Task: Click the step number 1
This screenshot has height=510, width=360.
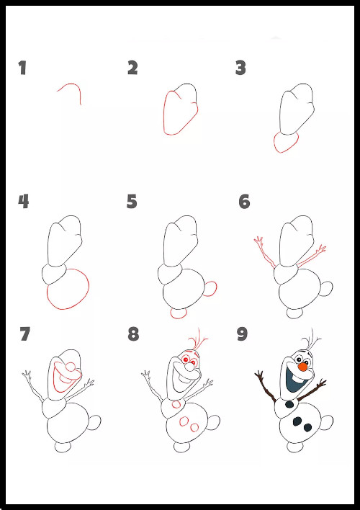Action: pos(22,68)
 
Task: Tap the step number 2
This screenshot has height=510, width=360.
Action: pos(132,68)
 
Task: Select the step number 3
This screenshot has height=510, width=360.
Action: pos(240,68)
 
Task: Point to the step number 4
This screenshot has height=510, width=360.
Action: pos(24,201)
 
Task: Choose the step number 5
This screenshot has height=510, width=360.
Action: pos(132,201)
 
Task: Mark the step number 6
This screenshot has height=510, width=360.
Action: pos(244,202)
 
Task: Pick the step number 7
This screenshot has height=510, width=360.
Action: pos(24,334)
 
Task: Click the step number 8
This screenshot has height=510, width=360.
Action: pos(133,334)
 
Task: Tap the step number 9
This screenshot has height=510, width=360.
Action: pos(242,334)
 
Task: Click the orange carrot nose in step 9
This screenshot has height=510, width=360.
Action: pos(303,367)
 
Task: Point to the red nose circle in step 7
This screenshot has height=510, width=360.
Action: pos(71,367)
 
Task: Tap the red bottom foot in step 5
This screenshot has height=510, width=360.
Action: pos(179,313)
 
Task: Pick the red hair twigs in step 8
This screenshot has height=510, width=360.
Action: pos(198,339)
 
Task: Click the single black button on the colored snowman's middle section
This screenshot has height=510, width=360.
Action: pos(289,404)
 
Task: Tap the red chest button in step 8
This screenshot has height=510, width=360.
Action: pos(176,404)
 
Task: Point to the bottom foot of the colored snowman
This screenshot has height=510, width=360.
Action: pos(295,447)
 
